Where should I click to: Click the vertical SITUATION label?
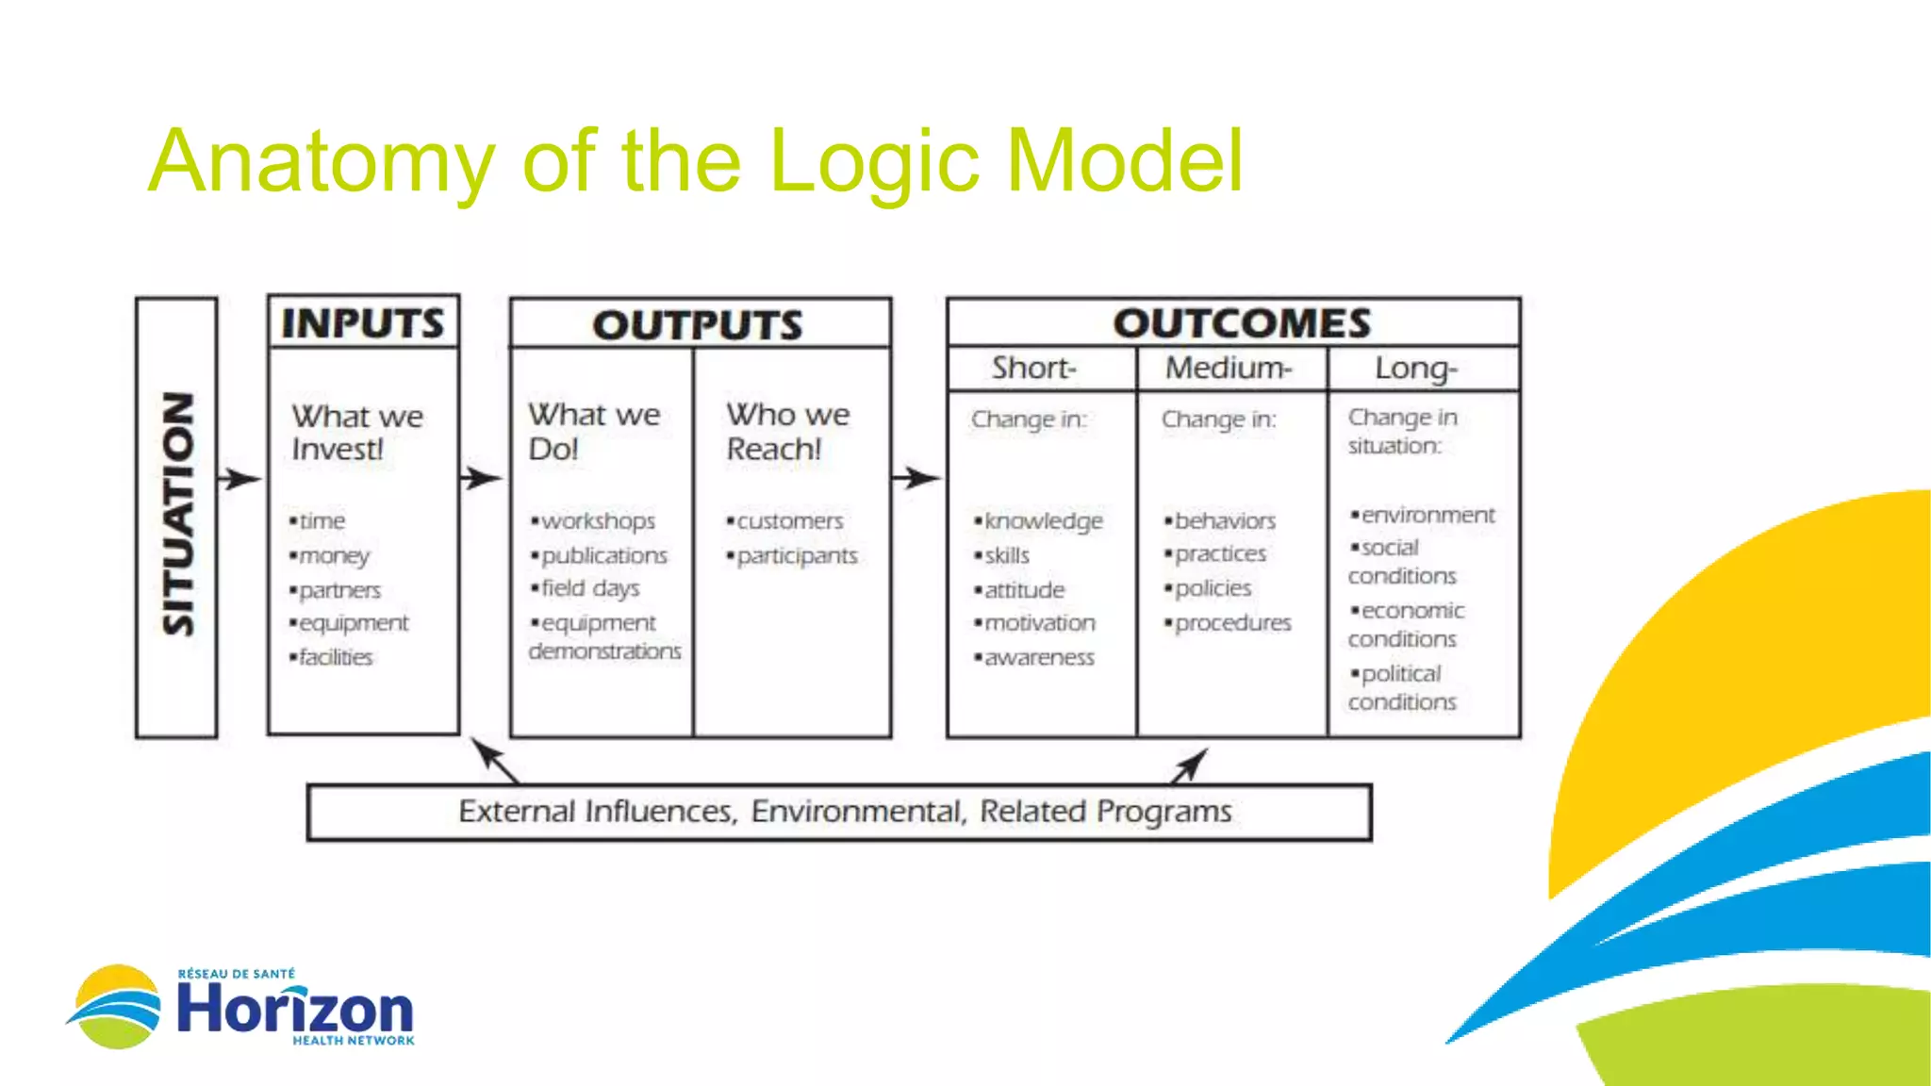point(177,515)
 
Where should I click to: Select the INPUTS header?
point(363,323)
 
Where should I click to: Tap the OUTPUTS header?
point(698,325)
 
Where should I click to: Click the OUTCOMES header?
point(1242,323)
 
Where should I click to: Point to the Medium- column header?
point(1228,368)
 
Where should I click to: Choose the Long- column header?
point(1416,368)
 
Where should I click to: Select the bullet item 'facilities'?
point(336,657)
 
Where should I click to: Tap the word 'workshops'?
point(598,521)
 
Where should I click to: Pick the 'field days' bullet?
point(590,588)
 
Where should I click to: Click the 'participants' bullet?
point(797,556)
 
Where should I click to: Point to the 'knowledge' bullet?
point(1043,521)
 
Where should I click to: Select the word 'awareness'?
point(1039,657)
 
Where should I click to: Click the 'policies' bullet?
point(1213,588)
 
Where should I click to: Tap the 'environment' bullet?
point(1428,515)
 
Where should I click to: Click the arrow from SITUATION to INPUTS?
point(240,479)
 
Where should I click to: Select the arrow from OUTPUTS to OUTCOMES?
point(916,479)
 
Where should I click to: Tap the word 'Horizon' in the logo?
point(295,1009)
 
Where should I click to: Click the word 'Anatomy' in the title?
point(322,162)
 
